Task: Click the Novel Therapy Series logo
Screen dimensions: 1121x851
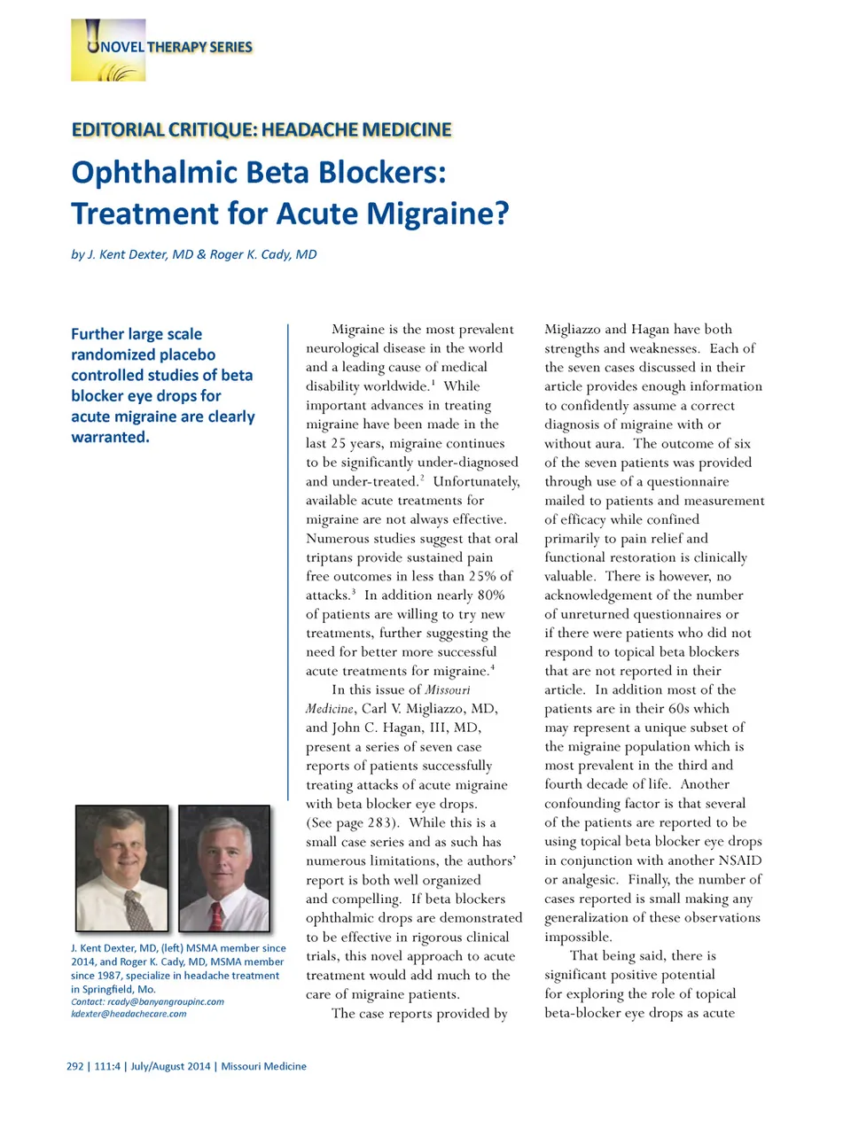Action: pos(108,51)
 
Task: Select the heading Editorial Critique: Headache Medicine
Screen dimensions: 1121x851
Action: pos(262,130)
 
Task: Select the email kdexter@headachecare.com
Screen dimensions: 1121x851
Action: pos(129,1014)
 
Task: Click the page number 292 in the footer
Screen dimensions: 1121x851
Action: pos(75,1066)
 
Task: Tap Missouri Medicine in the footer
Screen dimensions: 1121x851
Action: pos(263,1066)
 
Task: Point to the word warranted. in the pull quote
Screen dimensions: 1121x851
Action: pos(110,437)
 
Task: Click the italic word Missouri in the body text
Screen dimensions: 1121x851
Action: pos(448,689)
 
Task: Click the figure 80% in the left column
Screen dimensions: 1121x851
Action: pos(490,596)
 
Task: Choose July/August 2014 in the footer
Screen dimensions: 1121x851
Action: pos(170,1066)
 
